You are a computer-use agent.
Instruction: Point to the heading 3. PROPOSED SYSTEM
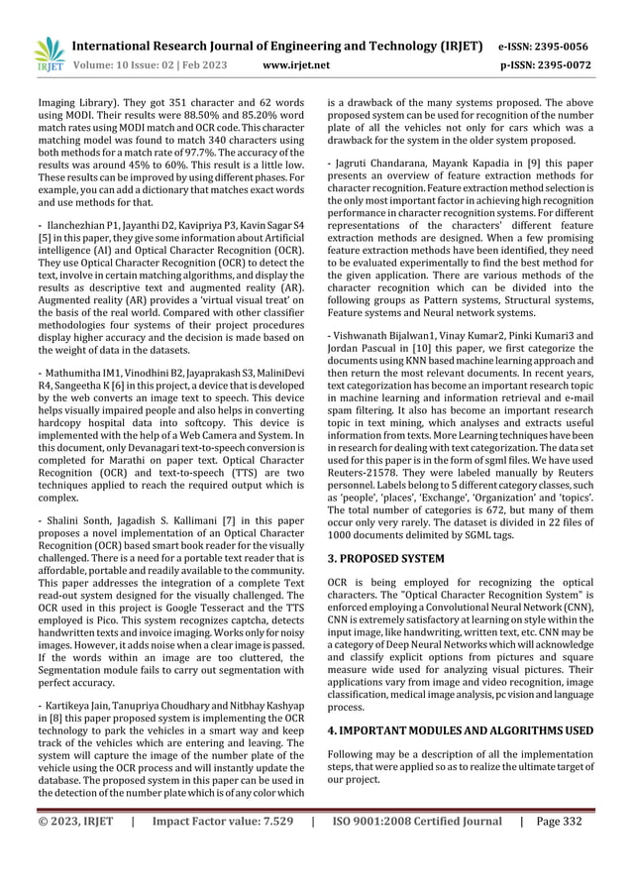[x=387, y=558]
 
